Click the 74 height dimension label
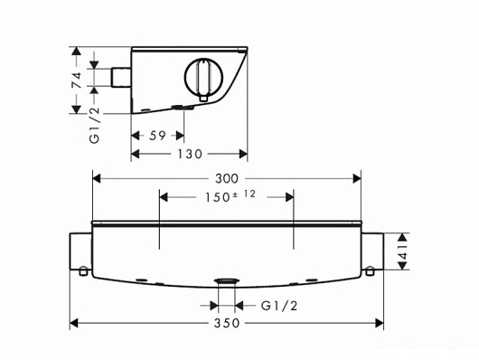[x=77, y=81]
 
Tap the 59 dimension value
[x=157, y=136]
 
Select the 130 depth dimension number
[x=190, y=154]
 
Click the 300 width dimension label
[x=226, y=178]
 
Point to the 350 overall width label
[x=226, y=323]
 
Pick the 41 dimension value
[x=404, y=251]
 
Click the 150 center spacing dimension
[x=217, y=197]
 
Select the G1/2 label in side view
[x=94, y=125]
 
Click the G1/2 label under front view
[x=279, y=306]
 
